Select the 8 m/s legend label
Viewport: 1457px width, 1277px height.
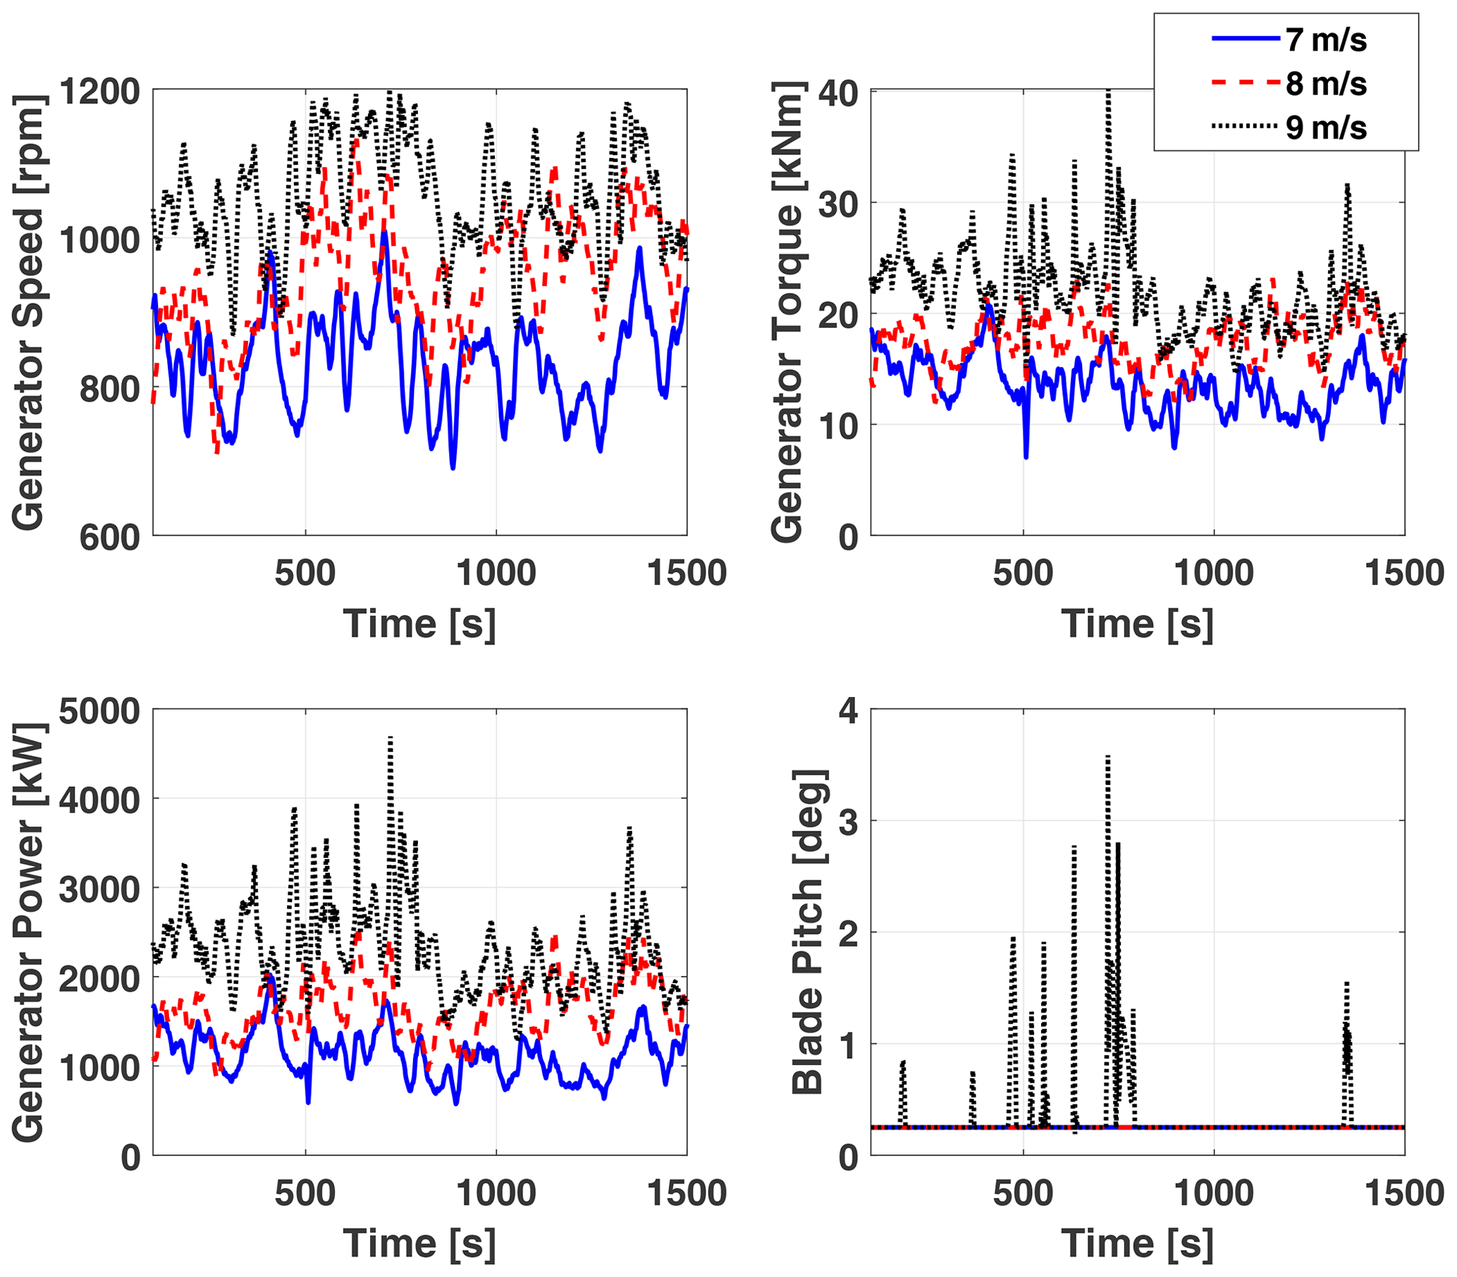(1326, 84)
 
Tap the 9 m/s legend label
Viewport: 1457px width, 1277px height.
(1326, 128)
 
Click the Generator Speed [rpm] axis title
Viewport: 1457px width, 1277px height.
(28, 312)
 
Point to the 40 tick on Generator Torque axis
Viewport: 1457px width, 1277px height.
(837, 93)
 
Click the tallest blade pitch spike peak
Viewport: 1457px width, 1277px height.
(1107, 757)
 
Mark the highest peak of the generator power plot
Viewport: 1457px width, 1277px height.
(390, 739)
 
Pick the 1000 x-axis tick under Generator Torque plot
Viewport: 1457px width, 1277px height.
(1213, 574)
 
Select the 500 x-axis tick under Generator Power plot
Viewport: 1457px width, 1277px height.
(305, 1193)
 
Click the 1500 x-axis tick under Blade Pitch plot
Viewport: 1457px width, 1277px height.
(1403, 1193)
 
